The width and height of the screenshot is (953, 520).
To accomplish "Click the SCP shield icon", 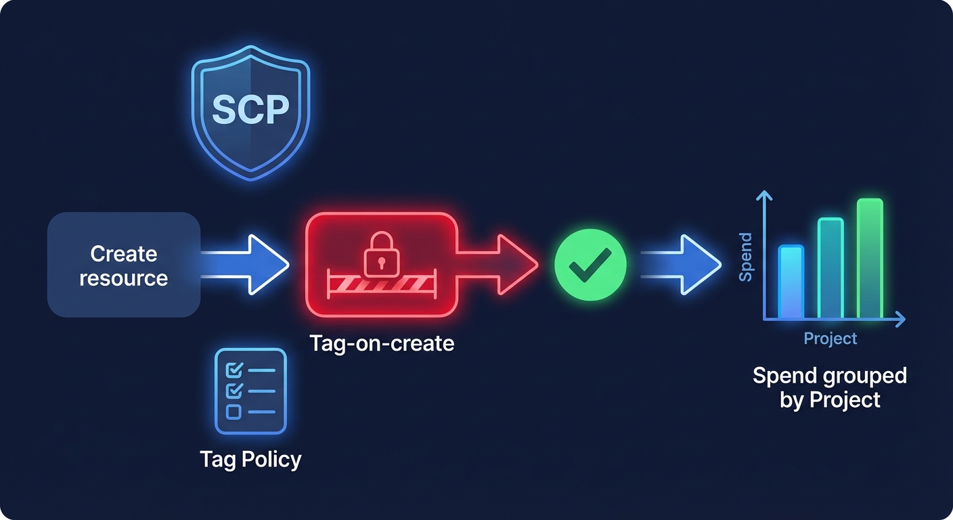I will tap(250, 111).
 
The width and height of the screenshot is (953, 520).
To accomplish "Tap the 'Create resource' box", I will tap(124, 265).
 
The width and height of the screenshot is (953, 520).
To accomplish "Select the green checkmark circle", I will tap(590, 265).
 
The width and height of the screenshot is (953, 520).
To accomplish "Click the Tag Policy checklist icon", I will tap(250, 391).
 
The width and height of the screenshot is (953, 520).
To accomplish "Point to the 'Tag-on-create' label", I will tap(382, 343).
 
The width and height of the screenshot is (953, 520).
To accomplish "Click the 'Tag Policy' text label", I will tap(250, 460).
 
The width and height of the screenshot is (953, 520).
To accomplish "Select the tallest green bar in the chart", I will tap(870, 258).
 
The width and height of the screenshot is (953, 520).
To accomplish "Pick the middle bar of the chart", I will tap(830, 268).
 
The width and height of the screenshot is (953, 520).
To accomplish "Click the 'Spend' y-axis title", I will tap(745, 257).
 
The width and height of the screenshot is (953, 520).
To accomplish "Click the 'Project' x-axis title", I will tap(830, 338).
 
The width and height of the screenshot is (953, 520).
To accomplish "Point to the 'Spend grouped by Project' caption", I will tap(830, 387).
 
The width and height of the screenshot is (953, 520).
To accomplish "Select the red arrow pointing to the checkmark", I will tap(504, 265).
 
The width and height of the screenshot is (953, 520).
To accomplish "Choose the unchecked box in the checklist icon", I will tap(233, 412).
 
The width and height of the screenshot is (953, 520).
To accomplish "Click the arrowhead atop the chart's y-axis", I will tap(764, 196).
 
